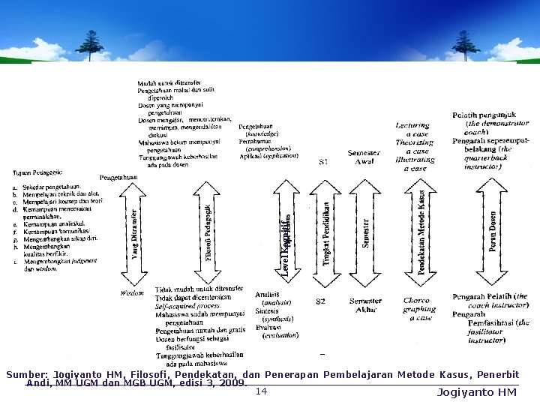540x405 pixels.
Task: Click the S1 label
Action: click(x=323, y=162)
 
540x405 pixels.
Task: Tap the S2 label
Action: click(x=320, y=301)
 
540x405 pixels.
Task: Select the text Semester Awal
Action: click(x=365, y=157)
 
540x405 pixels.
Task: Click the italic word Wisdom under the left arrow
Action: click(x=133, y=293)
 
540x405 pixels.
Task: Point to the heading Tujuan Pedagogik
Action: click(x=38, y=172)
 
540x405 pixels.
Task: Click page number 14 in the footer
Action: click(x=261, y=391)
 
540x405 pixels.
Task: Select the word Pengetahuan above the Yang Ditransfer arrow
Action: click(x=120, y=177)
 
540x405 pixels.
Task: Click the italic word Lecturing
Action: click(x=413, y=125)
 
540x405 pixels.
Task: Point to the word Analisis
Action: click(x=267, y=294)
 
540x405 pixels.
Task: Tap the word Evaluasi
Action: click(x=268, y=327)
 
